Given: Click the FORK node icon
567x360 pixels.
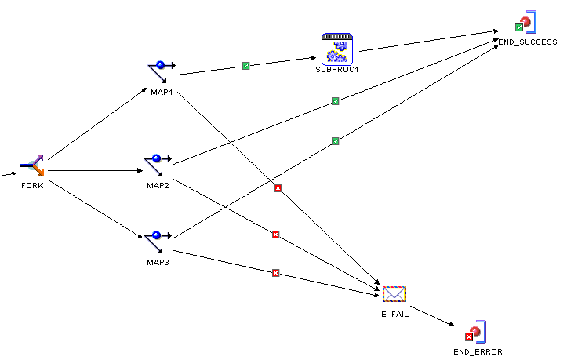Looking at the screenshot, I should tap(32, 166).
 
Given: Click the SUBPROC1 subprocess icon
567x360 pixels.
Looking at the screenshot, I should tap(336, 49).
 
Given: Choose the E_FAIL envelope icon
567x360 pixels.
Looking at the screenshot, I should tap(394, 295).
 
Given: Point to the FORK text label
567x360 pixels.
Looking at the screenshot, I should tap(32, 186).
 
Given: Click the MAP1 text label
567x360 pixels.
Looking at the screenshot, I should tap(162, 93).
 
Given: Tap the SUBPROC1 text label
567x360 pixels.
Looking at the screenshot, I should tap(336, 69).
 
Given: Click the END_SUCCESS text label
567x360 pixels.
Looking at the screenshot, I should tap(527, 42).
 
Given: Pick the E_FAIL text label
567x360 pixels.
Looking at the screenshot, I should tap(394, 315).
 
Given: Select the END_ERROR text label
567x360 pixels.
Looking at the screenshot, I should tap(478, 351).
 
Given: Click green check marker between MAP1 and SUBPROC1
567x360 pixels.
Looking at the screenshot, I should tap(246, 66).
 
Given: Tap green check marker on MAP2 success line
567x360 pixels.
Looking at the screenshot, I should tap(335, 101).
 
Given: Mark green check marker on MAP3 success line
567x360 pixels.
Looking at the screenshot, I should tap(335, 141).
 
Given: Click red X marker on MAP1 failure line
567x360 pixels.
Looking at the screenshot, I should tap(278, 188).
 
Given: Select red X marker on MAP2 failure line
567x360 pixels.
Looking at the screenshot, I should tap(275, 235).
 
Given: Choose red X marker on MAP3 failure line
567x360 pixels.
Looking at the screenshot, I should tap(275, 273).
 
